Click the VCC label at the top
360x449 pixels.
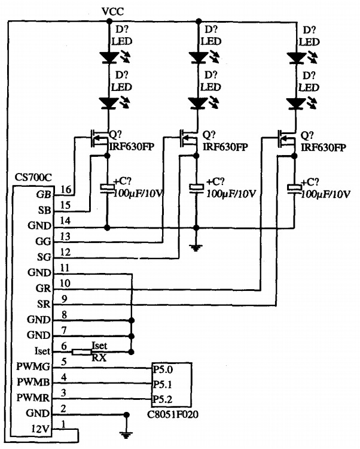pos(114,11)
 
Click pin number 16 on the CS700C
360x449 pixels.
pos(66,190)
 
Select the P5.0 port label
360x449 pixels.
pos(162,370)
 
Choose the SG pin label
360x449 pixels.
pos(44,256)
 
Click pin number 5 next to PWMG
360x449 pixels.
pos(64,360)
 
